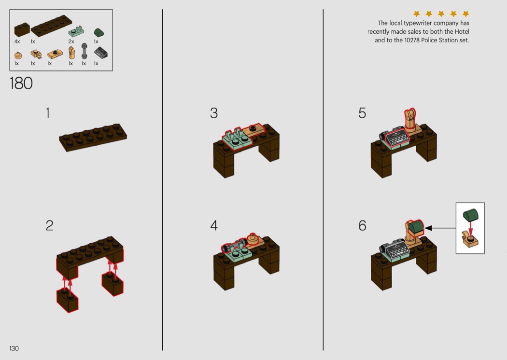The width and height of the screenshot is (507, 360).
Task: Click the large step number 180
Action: (21, 83)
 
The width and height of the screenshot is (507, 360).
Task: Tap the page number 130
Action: (14, 348)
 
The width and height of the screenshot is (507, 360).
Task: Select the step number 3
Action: (214, 113)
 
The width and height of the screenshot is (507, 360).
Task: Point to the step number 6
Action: (362, 225)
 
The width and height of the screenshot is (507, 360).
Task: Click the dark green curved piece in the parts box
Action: (99, 32)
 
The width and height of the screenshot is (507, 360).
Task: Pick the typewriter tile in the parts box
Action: (100, 52)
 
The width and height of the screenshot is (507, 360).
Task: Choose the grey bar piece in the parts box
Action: (84, 51)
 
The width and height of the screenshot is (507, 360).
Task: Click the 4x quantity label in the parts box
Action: (17, 42)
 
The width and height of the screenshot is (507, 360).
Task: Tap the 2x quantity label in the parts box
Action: (71, 42)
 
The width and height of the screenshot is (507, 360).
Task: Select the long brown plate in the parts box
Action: (51, 26)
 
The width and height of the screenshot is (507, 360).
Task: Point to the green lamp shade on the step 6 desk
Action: (416, 227)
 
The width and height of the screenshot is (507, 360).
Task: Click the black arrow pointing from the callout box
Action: (440, 228)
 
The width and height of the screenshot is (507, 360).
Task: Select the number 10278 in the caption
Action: (412, 40)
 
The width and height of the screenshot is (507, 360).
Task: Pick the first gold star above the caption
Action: (416, 14)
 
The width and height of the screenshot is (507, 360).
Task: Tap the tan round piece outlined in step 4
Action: (252, 239)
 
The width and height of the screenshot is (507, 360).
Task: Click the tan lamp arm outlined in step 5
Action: (409, 118)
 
